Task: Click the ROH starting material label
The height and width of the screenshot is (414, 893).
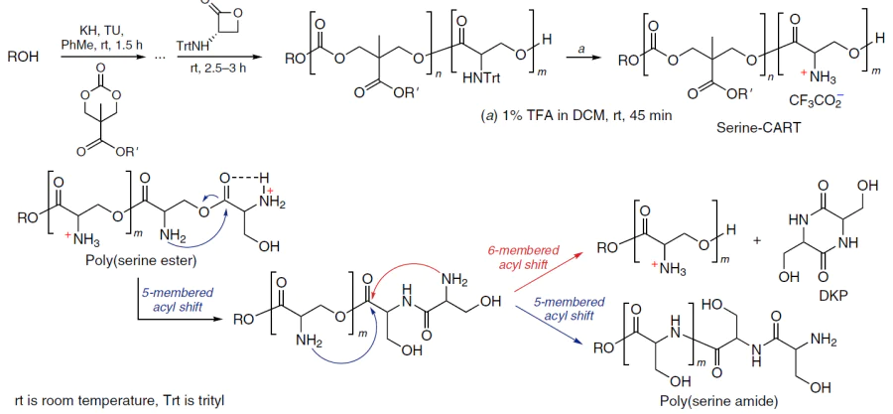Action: click(x=24, y=58)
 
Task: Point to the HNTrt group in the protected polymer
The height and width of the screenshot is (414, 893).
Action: click(x=481, y=78)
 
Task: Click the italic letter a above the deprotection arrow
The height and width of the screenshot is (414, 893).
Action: click(x=581, y=49)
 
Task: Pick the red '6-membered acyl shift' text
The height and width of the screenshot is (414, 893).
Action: click(x=523, y=256)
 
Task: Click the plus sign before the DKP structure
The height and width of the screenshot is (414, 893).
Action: click(x=757, y=240)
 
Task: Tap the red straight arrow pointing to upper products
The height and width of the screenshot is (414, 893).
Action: click(x=549, y=271)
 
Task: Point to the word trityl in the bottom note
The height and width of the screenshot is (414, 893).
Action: click(x=207, y=400)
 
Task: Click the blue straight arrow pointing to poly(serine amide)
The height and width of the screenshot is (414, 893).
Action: click(x=549, y=326)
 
